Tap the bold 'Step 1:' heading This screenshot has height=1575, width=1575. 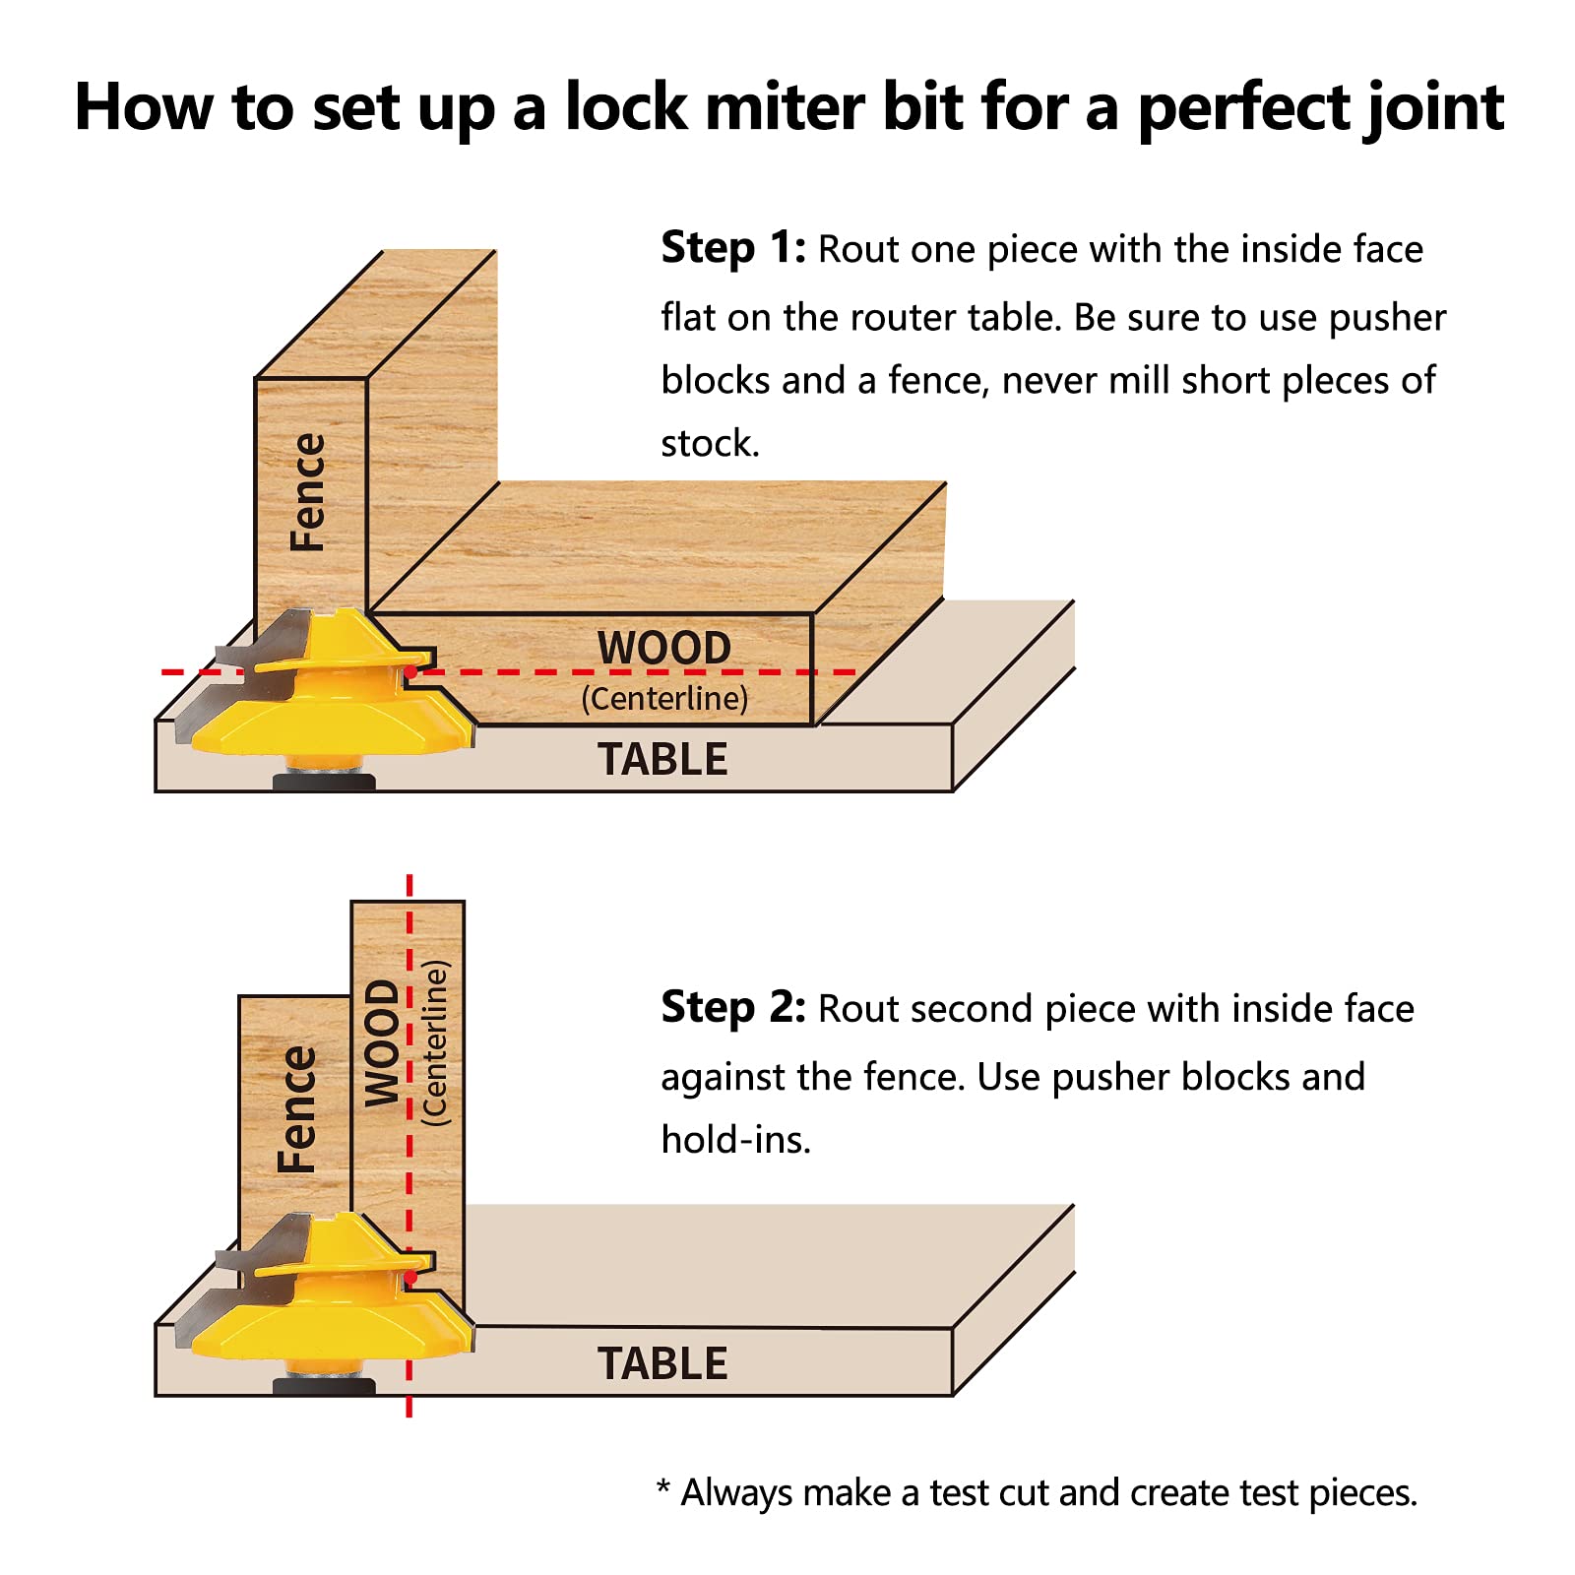(732, 248)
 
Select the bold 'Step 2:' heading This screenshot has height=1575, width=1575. (732, 1008)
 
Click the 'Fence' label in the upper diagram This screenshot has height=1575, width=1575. (307, 492)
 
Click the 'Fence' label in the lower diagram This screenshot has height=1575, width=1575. (296, 1109)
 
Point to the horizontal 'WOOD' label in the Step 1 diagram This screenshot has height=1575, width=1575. (663, 649)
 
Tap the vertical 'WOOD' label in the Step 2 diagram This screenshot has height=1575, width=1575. (382, 1043)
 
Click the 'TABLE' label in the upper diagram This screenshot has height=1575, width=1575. (662, 760)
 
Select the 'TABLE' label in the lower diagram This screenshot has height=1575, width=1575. (662, 1364)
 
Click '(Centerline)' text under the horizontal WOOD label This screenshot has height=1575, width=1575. (664, 699)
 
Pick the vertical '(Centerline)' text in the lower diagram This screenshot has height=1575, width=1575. (434, 1043)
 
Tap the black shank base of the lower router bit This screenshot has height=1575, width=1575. (324, 1387)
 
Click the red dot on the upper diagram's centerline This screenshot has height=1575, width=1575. (410, 672)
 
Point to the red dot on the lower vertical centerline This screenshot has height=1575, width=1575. (409, 1277)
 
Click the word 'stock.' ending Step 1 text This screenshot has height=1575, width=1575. (710, 444)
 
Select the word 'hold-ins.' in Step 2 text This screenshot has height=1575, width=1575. (735, 1140)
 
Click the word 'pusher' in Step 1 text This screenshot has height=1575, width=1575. (1387, 318)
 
